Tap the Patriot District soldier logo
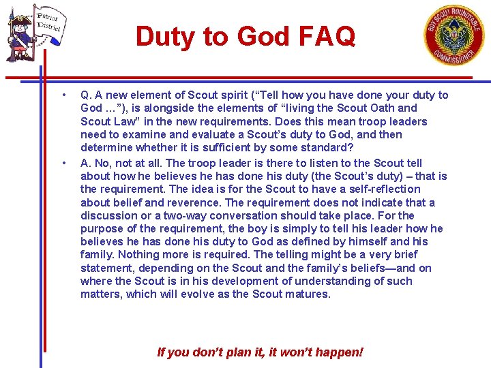click(x=34, y=33)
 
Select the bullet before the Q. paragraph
click(x=63, y=95)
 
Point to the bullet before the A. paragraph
click(x=63, y=163)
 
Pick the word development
click(x=230, y=281)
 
